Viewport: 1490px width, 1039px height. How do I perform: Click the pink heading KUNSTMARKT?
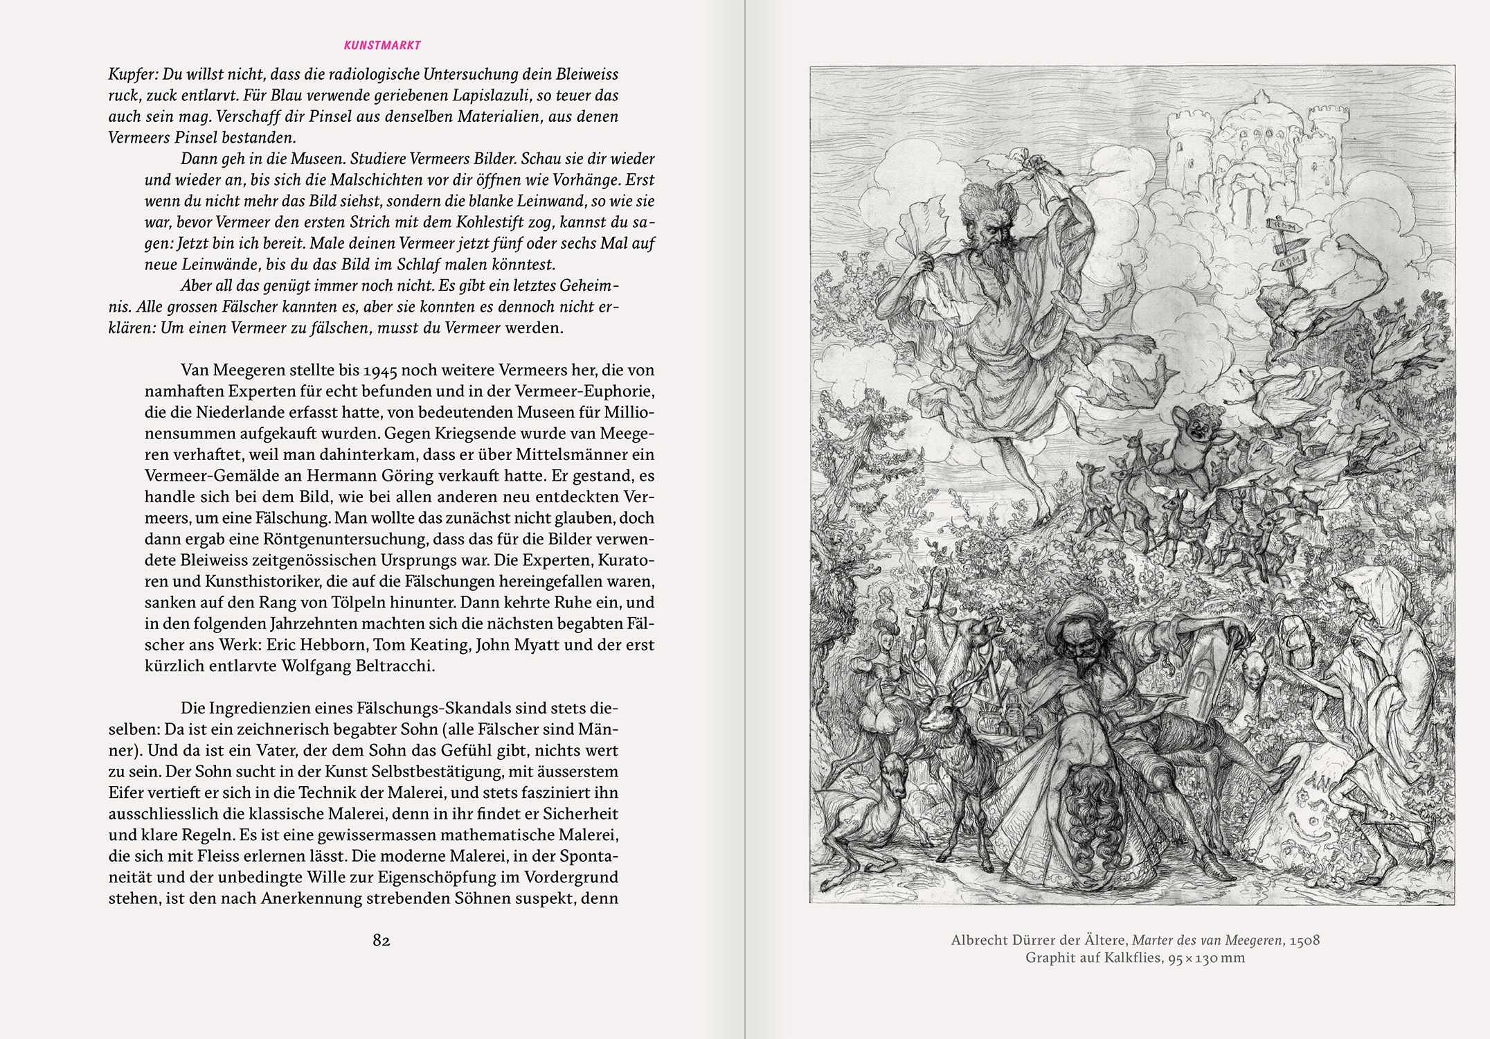[x=382, y=46]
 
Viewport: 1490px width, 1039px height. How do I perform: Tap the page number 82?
[x=382, y=940]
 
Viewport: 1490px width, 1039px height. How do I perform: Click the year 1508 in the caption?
[x=1304, y=941]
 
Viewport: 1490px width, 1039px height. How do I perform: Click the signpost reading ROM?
[x=1290, y=261]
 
